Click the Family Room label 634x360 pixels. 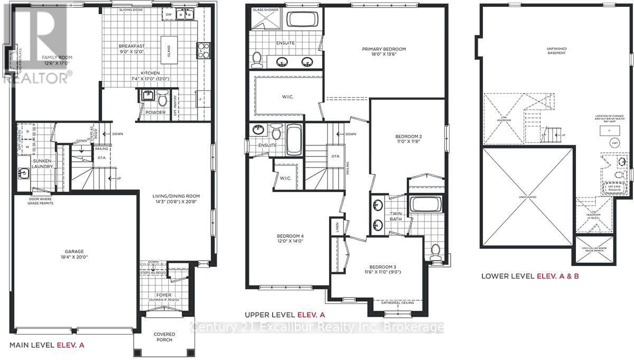coord(57,60)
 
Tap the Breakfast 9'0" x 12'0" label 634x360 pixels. coord(132,49)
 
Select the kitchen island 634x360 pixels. coord(169,51)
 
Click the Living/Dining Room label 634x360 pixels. coord(177,199)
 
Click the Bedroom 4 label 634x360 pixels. coord(290,239)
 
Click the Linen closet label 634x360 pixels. coord(337,228)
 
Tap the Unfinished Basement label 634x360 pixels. coord(556,50)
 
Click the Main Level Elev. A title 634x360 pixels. coord(48,345)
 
